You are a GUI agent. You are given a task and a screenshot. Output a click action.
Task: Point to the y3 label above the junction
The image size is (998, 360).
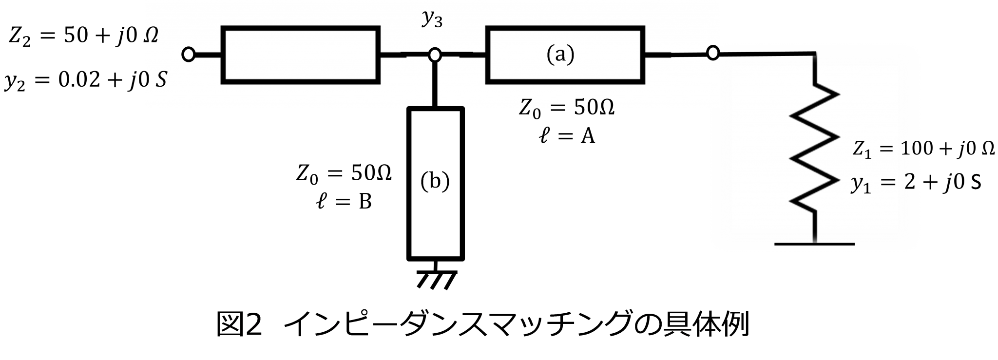[432, 20]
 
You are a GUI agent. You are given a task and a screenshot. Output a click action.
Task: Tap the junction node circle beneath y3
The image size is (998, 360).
[434, 55]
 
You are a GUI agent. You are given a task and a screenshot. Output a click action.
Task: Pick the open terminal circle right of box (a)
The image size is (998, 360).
[713, 53]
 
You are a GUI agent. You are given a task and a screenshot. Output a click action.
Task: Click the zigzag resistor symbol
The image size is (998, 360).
[813, 146]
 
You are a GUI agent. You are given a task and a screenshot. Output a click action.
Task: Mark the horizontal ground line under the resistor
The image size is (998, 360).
[814, 243]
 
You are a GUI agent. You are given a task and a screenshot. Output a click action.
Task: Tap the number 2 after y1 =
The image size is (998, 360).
[907, 184]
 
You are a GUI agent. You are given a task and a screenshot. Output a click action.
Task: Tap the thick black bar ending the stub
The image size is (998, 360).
[435, 108]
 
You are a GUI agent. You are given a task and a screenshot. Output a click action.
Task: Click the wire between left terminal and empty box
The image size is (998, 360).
[209, 55]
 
